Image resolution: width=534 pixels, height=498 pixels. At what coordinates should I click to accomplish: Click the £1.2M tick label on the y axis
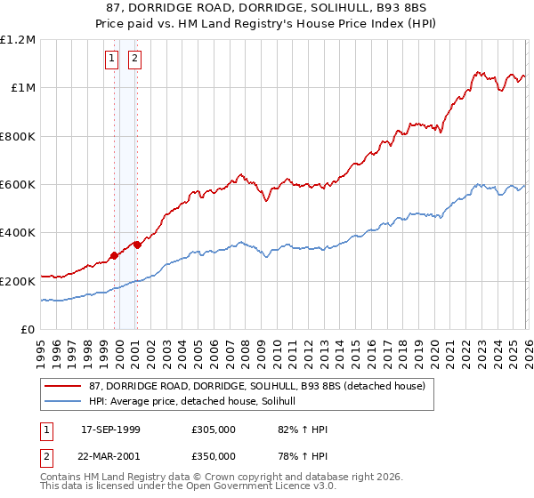click(x=18, y=40)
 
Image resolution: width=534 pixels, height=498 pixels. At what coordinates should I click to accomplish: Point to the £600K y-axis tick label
click(x=18, y=185)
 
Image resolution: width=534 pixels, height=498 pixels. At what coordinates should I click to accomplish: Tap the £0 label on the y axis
click(x=28, y=330)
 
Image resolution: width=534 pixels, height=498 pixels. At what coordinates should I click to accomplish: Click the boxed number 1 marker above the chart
click(x=112, y=60)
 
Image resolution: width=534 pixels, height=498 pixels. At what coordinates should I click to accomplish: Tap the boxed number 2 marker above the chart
click(x=134, y=60)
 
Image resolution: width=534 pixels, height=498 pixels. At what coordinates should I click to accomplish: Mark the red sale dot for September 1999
click(x=115, y=256)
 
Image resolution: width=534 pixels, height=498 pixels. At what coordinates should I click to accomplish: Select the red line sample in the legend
click(x=64, y=386)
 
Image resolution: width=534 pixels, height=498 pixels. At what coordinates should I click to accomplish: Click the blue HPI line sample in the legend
click(x=64, y=401)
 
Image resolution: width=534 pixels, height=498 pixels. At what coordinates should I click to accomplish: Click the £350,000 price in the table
click(x=214, y=456)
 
